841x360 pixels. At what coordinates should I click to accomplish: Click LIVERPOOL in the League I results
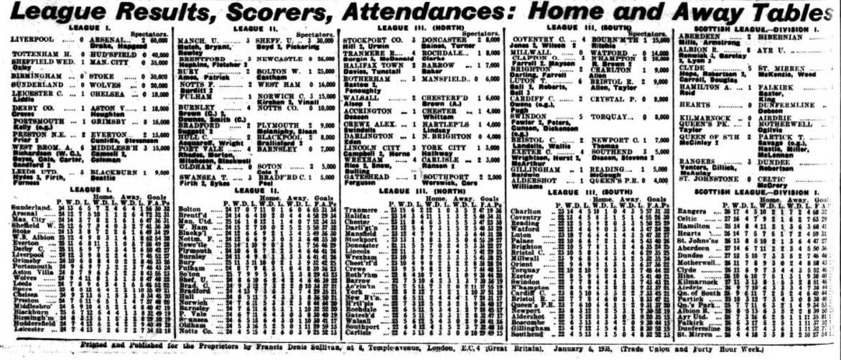pos(28,41)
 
